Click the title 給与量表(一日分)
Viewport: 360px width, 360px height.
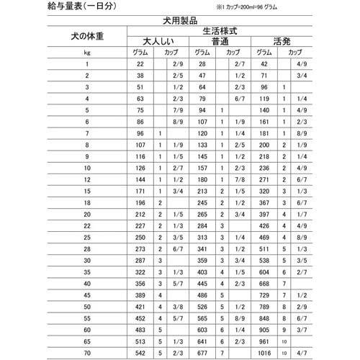(x=45, y=7)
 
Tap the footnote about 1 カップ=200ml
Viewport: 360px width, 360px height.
(x=277, y=8)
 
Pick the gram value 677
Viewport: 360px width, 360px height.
(x=202, y=353)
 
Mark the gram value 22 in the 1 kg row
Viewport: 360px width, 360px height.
(x=141, y=65)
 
